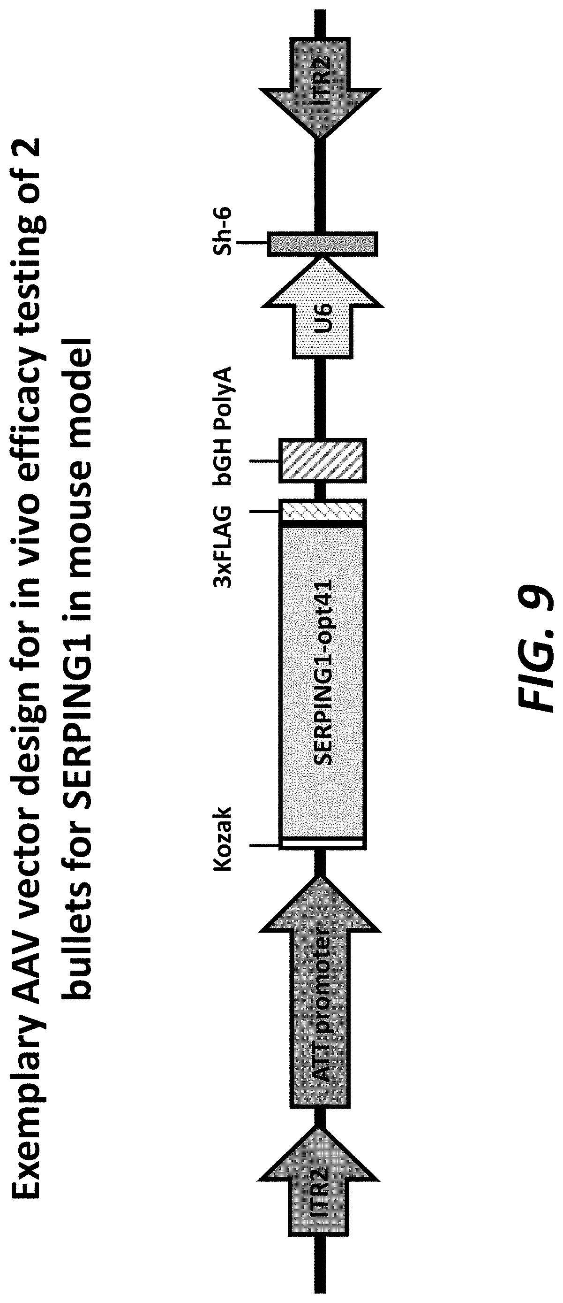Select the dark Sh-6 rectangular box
click(x=323, y=244)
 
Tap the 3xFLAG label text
click(x=223, y=546)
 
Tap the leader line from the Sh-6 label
click(x=253, y=243)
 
